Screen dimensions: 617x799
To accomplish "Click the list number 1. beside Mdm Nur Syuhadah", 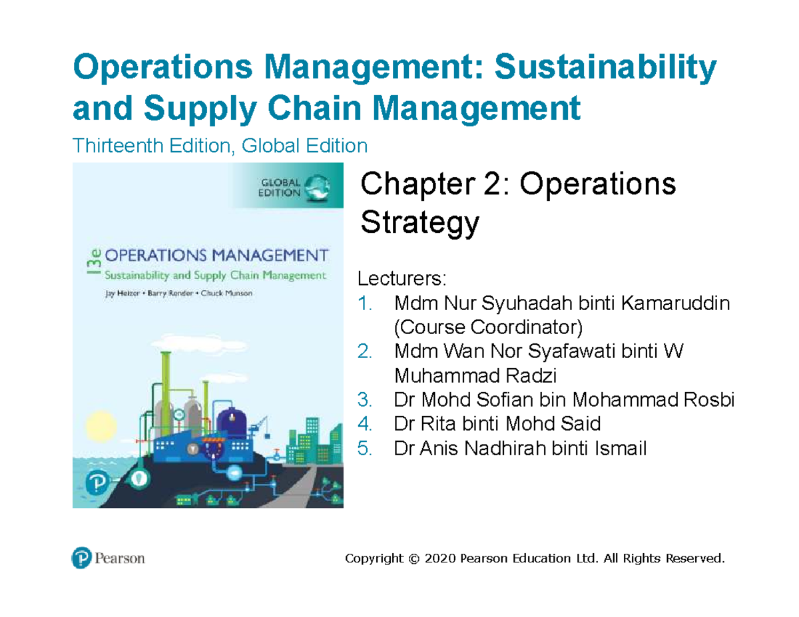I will (365, 305).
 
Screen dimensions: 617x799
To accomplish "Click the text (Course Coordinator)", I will (488, 327).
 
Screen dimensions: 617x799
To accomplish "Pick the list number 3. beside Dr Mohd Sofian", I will (365, 400).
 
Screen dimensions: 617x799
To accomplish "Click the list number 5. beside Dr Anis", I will (365, 449).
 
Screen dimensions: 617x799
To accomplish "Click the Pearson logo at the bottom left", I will (108, 558).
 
